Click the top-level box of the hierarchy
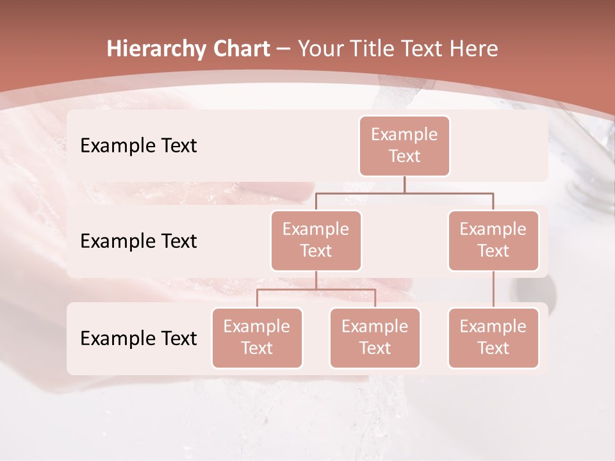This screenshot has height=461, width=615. (x=404, y=145)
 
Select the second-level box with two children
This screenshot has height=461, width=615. (x=316, y=240)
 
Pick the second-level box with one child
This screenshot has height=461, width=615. (x=493, y=240)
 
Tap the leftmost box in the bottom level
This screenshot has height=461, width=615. (x=257, y=337)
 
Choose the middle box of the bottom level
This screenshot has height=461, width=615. (x=375, y=337)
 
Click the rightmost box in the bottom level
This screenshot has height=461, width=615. (x=493, y=337)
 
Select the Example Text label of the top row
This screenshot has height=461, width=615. (x=138, y=146)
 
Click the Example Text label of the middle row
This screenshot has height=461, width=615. (x=138, y=241)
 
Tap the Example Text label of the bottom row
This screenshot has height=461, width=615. (x=138, y=339)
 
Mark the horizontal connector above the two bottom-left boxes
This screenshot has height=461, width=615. (x=316, y=289)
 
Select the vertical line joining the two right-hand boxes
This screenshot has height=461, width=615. (x=493, y=289)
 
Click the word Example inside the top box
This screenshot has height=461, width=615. (x=404, y=134)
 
